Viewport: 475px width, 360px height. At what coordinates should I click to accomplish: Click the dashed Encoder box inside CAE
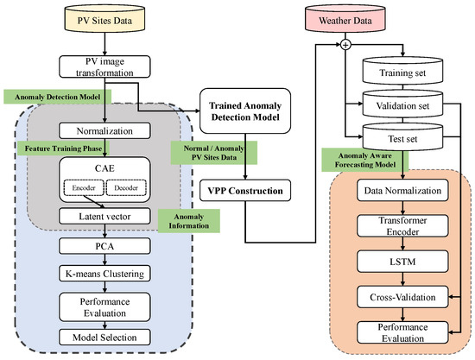click(82, 187)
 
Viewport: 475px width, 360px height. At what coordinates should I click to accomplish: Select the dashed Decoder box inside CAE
click(128, 187)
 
